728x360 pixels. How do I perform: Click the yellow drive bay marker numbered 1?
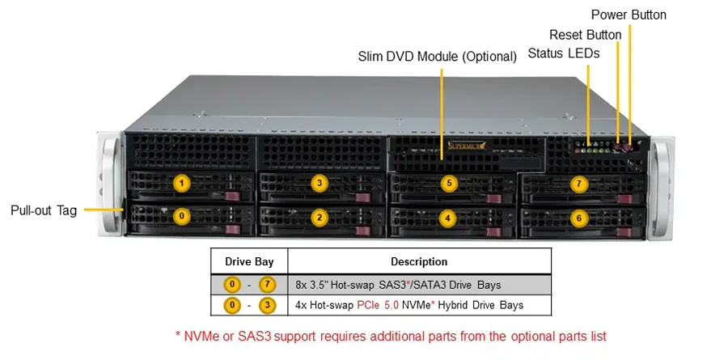[x=181, y=184]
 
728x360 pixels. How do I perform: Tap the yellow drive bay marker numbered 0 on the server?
[x=181, y=216]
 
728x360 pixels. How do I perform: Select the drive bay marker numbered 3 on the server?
[x=319, y=184]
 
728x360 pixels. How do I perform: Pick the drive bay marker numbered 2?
[x=319, y=217]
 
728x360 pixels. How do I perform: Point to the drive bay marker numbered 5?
[x=449, y=184]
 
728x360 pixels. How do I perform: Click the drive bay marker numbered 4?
[x=447, y=217]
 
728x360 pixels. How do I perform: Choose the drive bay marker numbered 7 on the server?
[x=579, y=184]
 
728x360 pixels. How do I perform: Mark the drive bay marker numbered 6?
[x=579, y=218]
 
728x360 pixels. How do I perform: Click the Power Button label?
[x=629, y=15]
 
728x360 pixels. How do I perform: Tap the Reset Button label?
[x=585, y=35]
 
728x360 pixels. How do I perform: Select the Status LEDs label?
[x=564, y=53]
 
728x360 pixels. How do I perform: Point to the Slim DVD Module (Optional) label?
[x=438, y=57]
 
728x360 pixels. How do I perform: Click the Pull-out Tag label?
[x=44, y=210]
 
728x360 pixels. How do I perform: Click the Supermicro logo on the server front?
[x=467, y=146]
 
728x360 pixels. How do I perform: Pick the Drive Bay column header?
[x=249, y=261]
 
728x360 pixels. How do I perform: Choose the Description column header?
[x=419, y=261]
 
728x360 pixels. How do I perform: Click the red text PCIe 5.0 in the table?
[x=378, y=305]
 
